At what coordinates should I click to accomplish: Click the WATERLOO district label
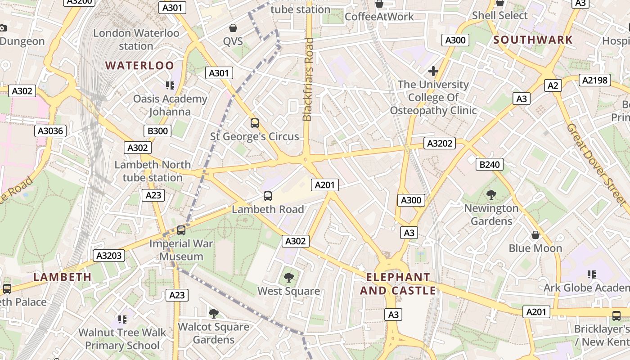click(139, 66)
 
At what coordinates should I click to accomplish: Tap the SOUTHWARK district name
click(533, 40)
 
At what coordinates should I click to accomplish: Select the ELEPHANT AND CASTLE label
click(398, 284)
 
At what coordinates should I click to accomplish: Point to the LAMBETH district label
click(63, 277)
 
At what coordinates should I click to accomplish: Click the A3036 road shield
click(51, 131)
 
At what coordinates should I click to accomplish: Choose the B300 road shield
click(157, 131)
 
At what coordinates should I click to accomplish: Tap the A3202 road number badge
click(440, 144)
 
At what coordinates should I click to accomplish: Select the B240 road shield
click(489, 165)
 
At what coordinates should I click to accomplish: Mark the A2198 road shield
click(594, 81)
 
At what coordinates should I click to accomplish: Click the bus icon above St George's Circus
click(255, 123)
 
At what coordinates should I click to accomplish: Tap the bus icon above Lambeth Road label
click(268, 196)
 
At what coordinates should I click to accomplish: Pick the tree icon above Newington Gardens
click(491, 195)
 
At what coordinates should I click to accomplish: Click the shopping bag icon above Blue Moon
click(535, 235)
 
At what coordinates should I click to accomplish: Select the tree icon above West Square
click(288, 278)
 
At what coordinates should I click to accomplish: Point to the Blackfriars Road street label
click(308, 80)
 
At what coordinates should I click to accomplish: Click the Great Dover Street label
click(595, 163)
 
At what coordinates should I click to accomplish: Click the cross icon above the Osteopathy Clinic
click(433, 71)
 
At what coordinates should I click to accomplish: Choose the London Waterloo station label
click(136, 40)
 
